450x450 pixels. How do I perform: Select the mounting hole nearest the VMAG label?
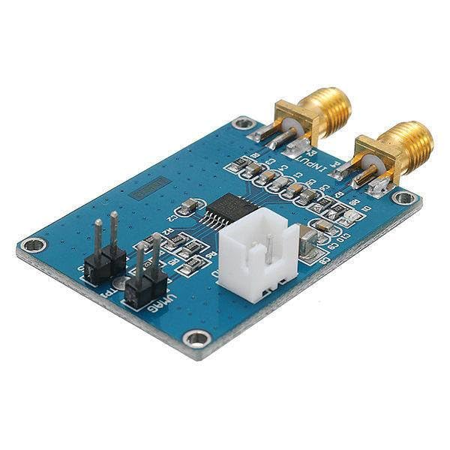(196, 339)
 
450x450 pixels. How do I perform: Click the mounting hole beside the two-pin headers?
(33, 244)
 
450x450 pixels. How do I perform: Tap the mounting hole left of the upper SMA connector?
(243, 122)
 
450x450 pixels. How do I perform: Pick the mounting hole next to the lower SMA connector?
(404, 198)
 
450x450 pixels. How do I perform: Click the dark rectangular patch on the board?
(150, 187)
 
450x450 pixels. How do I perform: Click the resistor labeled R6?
(187, 262)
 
